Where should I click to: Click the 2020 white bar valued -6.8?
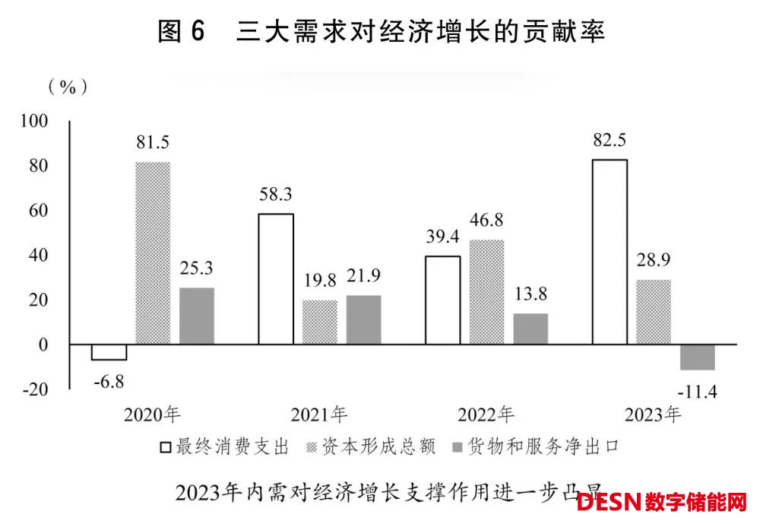pos(109,351)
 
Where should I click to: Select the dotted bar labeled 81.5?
pos(153,252)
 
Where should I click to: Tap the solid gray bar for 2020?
pos(197,316)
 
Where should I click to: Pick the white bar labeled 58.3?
pos(276,278)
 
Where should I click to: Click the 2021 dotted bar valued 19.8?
pos(320,322)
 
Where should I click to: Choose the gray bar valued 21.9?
pos(363,319)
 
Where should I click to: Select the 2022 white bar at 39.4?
pos(443,300)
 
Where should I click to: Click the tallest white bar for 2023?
pos(610,251)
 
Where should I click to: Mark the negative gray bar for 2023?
pos(698,357)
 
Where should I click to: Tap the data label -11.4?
pos(698,393)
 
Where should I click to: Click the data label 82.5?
pos(610,141)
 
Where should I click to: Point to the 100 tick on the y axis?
pos(36,121)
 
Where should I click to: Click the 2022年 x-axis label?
pos(486,415)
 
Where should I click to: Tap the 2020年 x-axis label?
pos(153,415)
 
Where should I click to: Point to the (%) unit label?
pos(68,87)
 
